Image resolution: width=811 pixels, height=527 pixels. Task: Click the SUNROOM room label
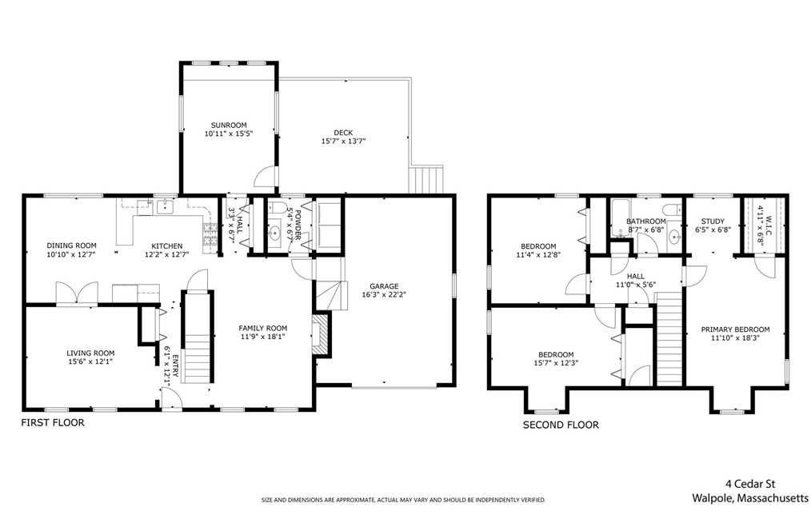click(229, 126)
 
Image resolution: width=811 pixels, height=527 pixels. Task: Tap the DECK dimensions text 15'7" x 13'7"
click(343, 141)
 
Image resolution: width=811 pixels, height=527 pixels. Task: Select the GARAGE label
click(384, 286)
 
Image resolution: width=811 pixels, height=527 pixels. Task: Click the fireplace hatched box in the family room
click(322, 334)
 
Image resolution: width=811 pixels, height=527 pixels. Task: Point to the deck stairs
click(427, 179)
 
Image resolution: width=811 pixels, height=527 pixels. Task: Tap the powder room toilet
click(278, 208)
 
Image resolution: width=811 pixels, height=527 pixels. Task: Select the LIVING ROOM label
click(90, 353)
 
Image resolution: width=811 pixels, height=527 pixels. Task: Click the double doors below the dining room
click(77, 293)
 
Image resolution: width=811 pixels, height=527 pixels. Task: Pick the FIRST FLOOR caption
click(52, 422)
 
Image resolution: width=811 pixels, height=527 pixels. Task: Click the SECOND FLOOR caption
click(561, 425)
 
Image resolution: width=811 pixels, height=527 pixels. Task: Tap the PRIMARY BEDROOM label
click(735, 329)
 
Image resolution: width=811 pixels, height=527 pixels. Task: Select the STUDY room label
click(713, 222)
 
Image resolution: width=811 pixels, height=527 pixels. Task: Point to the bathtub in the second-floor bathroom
click(621, 218)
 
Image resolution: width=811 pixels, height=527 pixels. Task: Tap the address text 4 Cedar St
click(750, 484)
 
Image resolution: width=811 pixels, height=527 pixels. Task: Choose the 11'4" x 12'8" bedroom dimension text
click(538, 254)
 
